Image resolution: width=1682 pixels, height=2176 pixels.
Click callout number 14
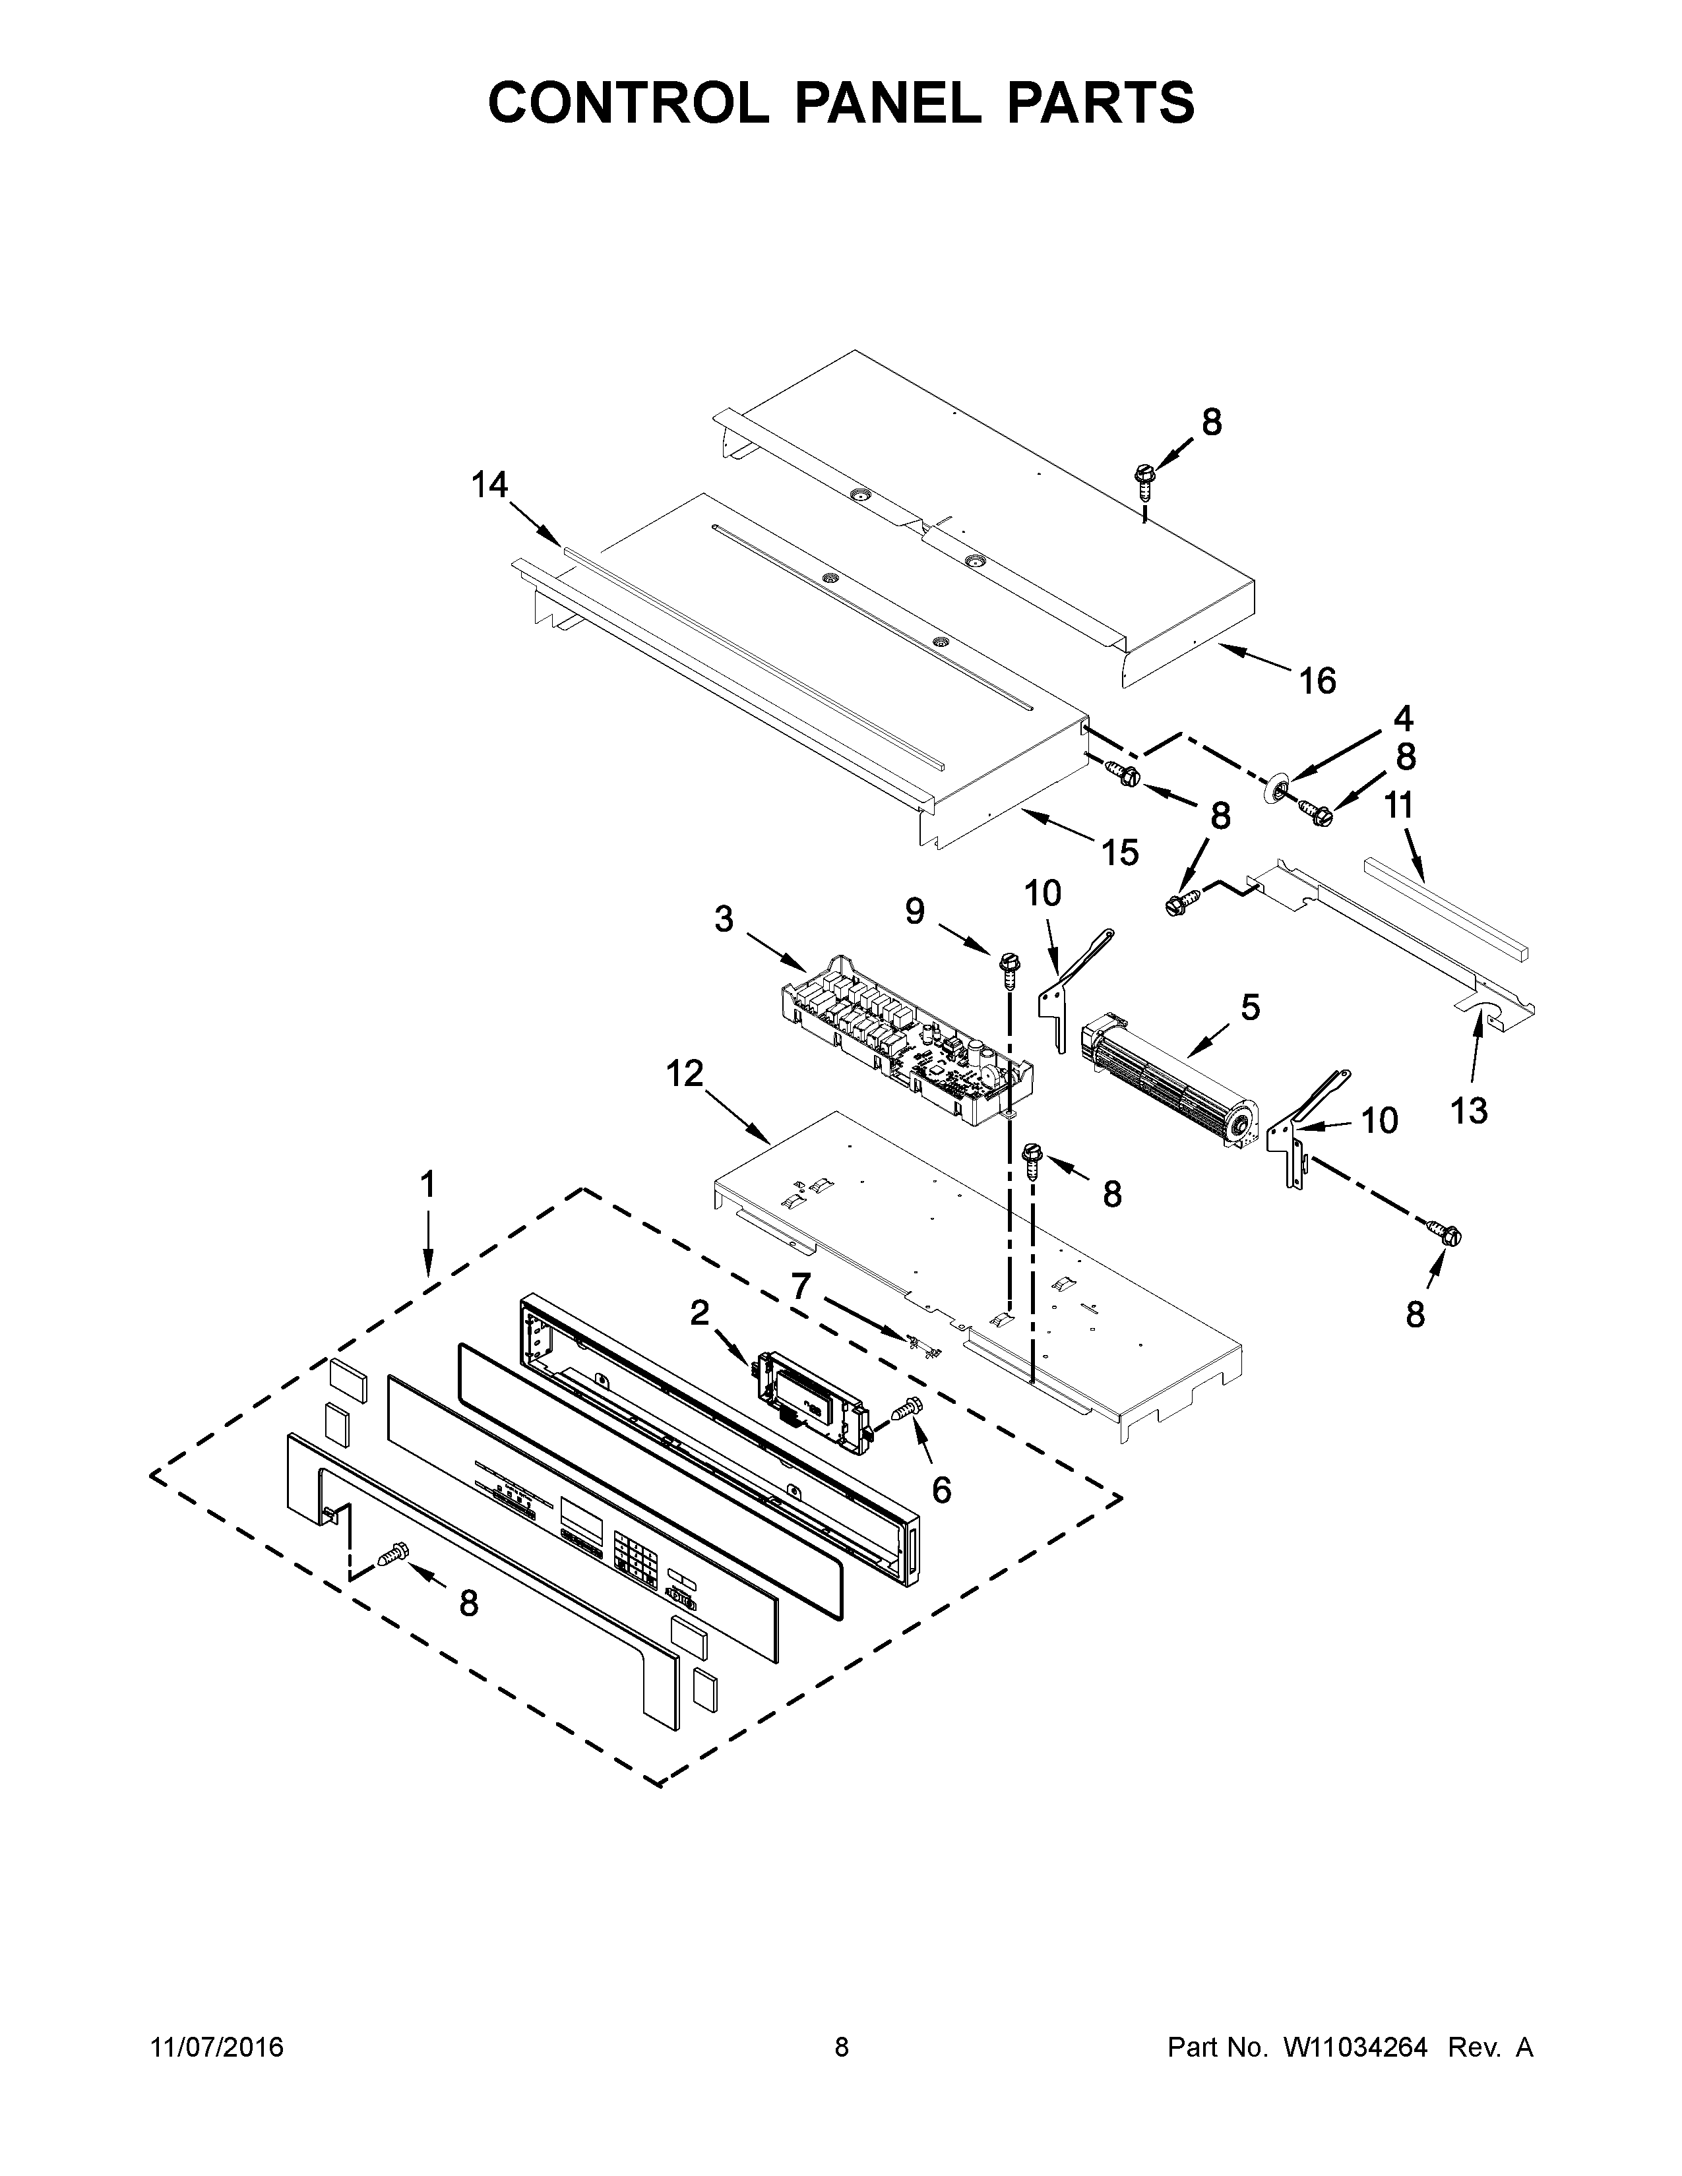click(489, 485)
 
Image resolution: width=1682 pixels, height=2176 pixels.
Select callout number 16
click(1317, 682)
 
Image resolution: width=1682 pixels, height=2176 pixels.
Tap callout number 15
click(1119, 852)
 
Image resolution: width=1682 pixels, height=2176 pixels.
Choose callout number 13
click(1469, 1110)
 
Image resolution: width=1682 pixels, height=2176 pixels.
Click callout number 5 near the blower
click(1249, 1008)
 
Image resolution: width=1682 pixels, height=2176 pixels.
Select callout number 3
click(724, 919)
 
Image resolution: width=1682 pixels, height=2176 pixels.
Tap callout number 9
click(915, 909)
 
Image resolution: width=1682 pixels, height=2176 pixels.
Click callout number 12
click(685, 1073)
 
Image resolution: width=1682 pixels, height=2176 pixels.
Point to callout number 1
click(427, 1185)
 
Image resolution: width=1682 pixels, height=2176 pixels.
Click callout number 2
click(699, 1313)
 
